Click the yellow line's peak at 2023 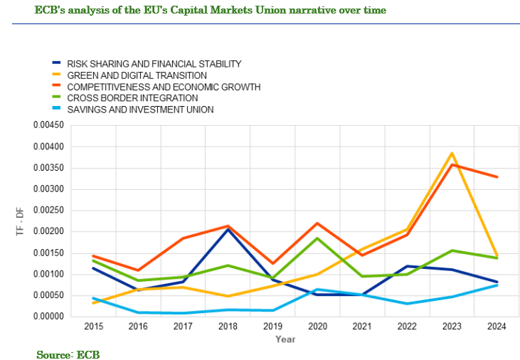coord(451,153)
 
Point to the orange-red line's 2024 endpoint coord(496,177)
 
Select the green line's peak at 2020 coord(317,238)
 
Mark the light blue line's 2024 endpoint coord(496,285)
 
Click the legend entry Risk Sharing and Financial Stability coord(154,64)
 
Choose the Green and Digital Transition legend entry coord(137,75)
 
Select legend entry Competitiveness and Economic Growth coord(164,87)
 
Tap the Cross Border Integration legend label coord(132,98)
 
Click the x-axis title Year coord(285,339)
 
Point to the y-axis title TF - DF coord(20,221)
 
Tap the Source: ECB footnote coord(68,354)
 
